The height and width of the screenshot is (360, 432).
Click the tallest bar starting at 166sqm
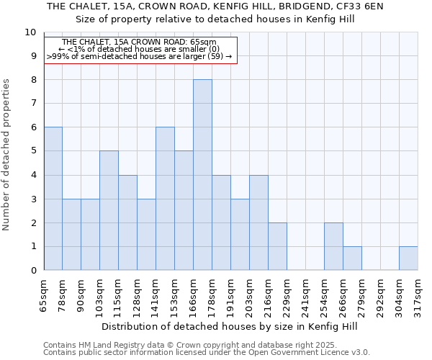click(202, 175)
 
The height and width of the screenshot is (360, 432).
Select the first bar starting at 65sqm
click(53, 199)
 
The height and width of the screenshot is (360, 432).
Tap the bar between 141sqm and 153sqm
click(165, 199)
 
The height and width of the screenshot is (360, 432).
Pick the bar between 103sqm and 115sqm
click(109, 210)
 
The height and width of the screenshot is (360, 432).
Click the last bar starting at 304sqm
click(408, 258)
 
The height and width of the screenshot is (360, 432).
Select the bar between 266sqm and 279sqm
click(352, 258)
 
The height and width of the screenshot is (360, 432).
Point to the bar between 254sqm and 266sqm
click(333, 246)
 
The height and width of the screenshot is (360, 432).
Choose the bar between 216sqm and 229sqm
click(277, 246)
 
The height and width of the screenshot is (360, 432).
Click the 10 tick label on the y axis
click(30, 32)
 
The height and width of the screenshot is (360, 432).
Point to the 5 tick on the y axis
click(33, 151)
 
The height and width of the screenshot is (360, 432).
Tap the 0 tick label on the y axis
click(33, 271)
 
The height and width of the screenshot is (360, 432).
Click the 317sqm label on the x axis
click(418, 297)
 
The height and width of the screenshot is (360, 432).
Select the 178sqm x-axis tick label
click(212, 297)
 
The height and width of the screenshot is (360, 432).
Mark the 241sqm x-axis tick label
click(306, 297)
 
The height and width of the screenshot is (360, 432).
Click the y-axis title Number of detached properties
click(7, 156)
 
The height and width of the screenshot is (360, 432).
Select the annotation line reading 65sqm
click(140, 42)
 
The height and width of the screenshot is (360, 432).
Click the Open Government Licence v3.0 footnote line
click(207, 353)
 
